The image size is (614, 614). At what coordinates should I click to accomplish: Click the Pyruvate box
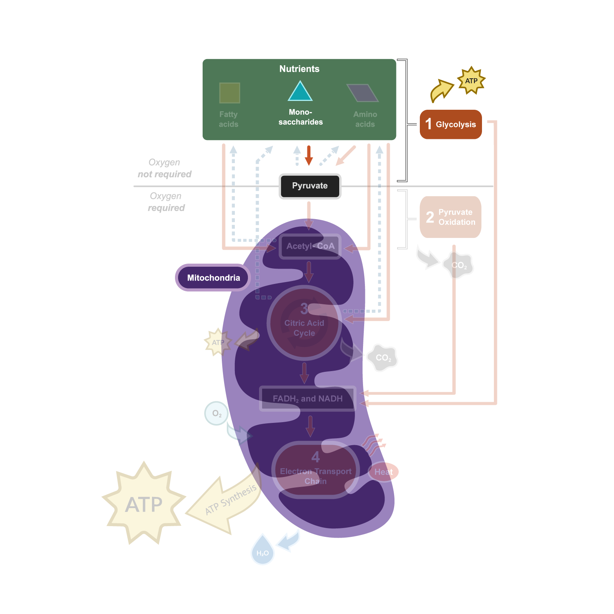[310, 186]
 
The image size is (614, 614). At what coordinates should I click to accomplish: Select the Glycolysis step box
[451, 124]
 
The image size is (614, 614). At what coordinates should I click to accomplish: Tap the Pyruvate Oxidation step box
[451, 217]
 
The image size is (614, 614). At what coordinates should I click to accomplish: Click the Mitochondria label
[213, 277]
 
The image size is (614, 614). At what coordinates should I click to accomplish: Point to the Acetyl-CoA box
[310, 246]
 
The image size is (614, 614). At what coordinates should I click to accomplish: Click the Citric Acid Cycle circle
[304, 323]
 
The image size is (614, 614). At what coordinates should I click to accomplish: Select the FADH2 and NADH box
[307, 399]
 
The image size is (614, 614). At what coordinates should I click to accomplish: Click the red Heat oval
[384, 472]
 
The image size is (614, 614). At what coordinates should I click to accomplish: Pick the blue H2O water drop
[262, 551]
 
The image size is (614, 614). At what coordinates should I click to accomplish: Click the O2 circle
[216, 413]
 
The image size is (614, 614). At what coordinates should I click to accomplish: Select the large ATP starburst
[144, 503]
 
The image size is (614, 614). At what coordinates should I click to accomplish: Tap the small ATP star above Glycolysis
[471, 81]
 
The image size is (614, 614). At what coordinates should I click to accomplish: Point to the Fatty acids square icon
[229, 93]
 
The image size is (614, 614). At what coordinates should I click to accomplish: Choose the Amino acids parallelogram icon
[363, 93]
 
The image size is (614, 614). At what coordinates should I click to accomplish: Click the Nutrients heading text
[299, 69]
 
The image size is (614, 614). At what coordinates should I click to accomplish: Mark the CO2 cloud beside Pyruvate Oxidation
[459, 266]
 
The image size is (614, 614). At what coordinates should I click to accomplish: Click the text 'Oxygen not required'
[165, 168]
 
